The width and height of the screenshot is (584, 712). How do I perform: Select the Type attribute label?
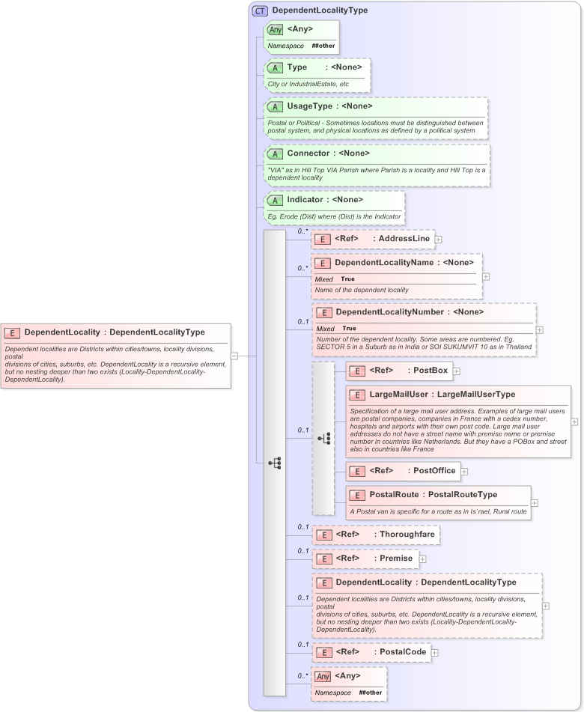[x=297, y=67]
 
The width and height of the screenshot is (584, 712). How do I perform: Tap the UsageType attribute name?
[x=309, y=106]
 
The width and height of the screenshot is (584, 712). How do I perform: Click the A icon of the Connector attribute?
[x=276, y=153]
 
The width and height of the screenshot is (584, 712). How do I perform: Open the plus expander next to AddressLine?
[x=439, y=240]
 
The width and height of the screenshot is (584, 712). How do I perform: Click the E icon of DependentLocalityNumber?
[x=324, y=312]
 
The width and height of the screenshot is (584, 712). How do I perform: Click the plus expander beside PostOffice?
[x=464, y=471]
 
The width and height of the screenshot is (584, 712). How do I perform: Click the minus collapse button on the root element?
[x=234, y=356]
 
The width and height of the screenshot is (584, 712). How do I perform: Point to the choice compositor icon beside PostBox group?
[x=323, y=439]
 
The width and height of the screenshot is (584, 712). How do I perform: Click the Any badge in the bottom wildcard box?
[x=323, y=677]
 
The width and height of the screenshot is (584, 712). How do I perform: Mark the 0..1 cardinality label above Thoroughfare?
[x=302, y=526]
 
